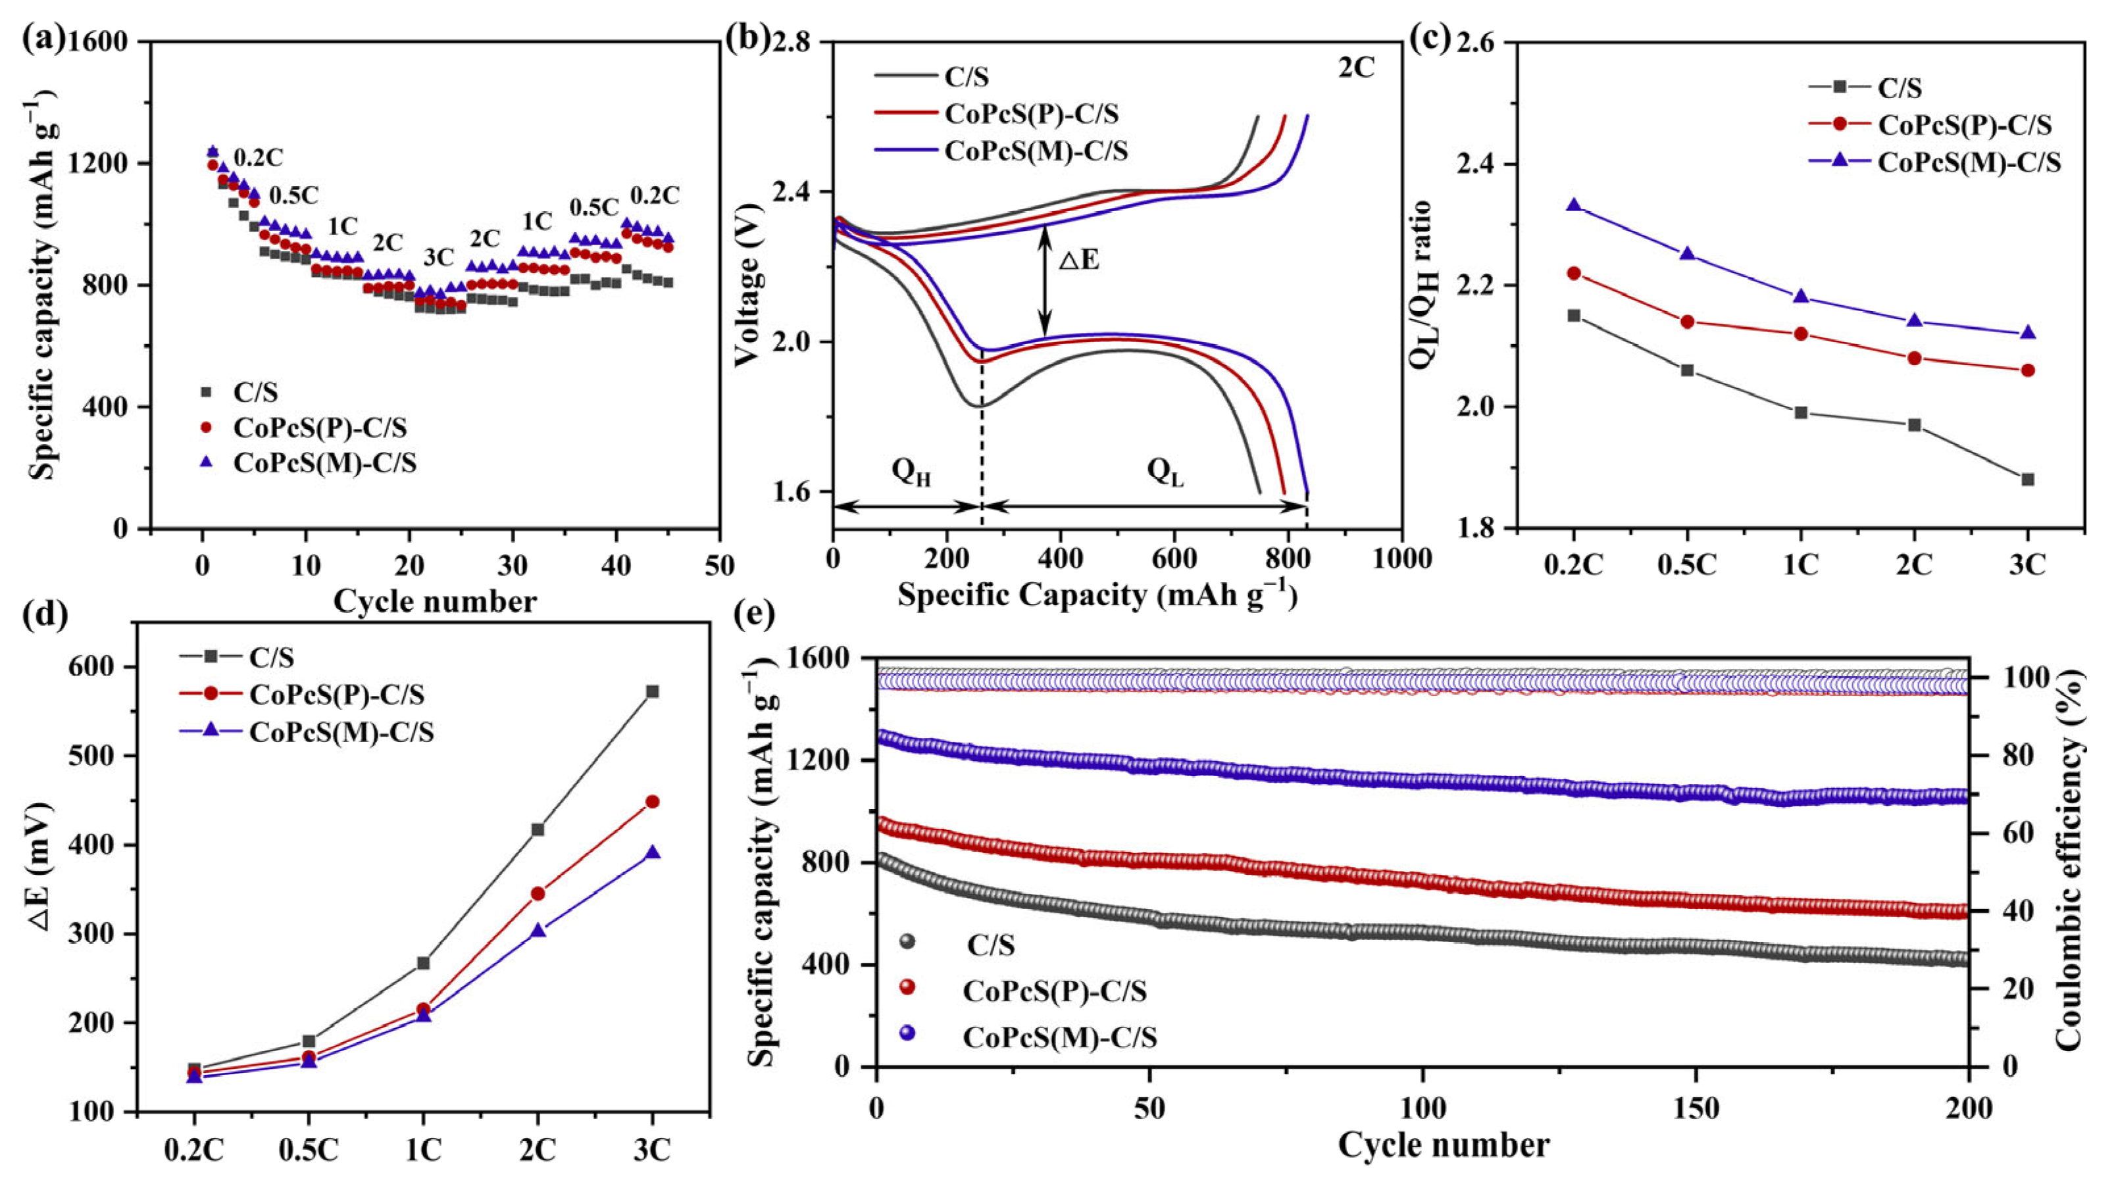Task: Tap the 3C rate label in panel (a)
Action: coord(438,257)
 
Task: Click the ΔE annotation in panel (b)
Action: coord(1078,262)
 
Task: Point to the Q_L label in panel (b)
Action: coord(1165,472)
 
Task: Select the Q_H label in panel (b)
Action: coord(911,472)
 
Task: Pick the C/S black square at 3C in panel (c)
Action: coord(2028,480)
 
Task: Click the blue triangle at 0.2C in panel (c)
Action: coord(1574,205)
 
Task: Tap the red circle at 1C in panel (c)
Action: coord(1801,334)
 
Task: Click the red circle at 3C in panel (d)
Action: coord(653,802)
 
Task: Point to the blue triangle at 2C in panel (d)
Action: coord(538,930)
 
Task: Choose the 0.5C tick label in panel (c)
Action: coord(1687,567)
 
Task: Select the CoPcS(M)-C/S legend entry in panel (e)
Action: coord(1060,1038)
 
